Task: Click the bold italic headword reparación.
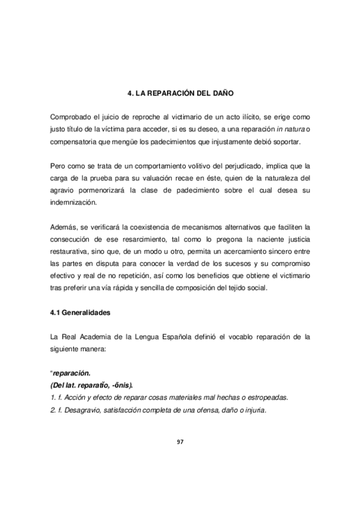pyautogui.click(x=73, y=372)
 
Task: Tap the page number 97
pyautogui.click(x=180, y=442)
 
